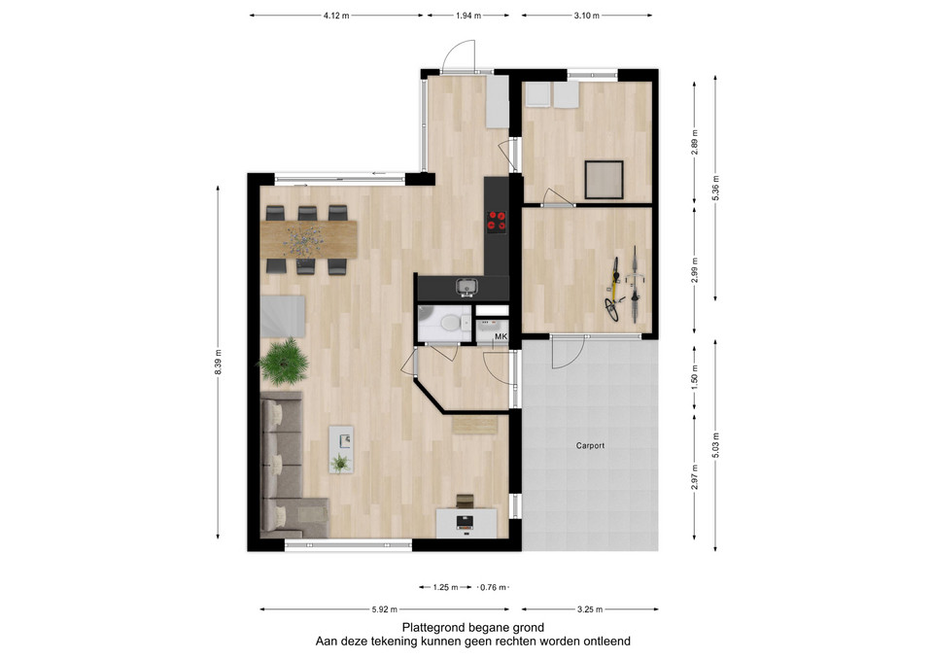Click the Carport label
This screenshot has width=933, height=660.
[x=590, y=445]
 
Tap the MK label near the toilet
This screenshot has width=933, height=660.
[x=501, y=337]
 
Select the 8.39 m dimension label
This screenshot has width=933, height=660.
[x=219, y=362]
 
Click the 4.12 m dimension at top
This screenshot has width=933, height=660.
[x=336, y=16]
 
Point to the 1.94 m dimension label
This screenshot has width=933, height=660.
[x=468, y=16]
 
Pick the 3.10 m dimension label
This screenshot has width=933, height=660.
[x=587, y=16]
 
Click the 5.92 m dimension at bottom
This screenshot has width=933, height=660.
[x=385, y=609]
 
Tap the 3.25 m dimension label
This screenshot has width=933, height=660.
[x=590, y=609]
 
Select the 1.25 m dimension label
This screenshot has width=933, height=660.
[x=445, y=587]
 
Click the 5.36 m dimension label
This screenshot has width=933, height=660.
[x=715, y=188]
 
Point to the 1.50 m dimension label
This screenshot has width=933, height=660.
[x=695, y=377]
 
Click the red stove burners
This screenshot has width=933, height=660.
[x=497, y=221]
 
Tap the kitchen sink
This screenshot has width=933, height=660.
[x=467, y=288]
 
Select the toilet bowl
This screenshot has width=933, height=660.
[x=449, y=323]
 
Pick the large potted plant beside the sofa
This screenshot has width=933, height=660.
[x=284, y=361]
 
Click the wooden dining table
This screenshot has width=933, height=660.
[x=308, y=239]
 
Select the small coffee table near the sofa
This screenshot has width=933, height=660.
[x=341, y=449]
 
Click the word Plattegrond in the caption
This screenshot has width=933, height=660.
[x=433, y=627]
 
